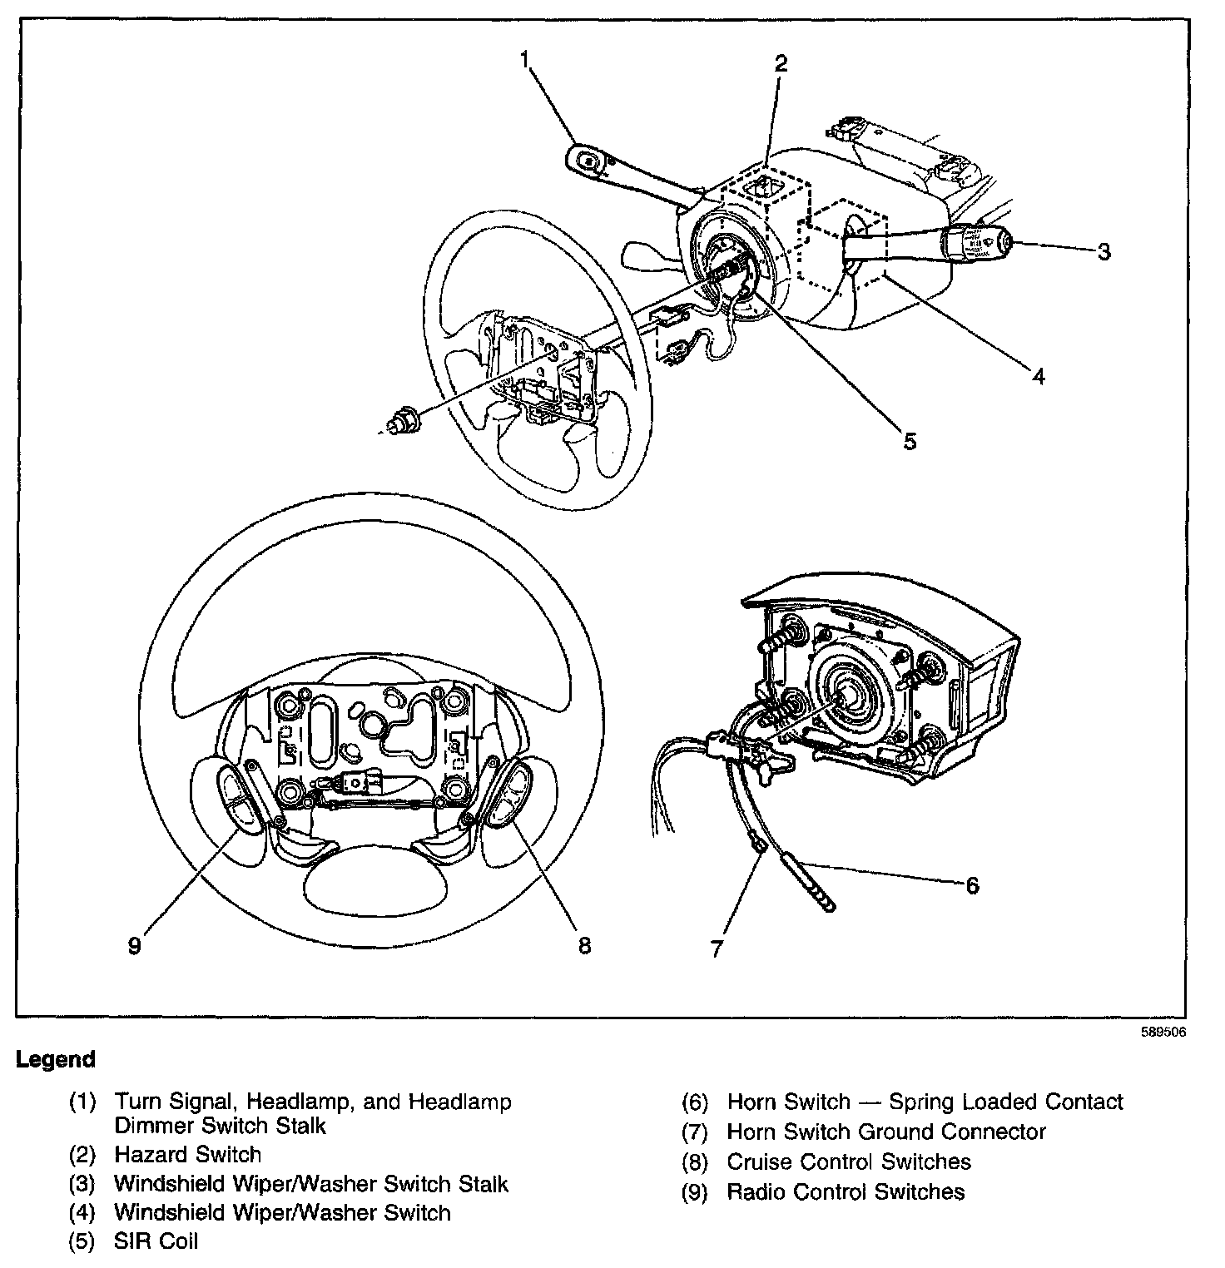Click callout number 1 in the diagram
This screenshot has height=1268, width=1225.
tap(525, 59)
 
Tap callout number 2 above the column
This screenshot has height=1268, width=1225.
tap(781, 64)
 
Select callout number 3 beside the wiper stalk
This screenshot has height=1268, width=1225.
tap(1103, 251)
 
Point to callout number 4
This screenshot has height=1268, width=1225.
tap(1038, 376)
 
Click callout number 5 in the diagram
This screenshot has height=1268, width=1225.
tap(910, 441)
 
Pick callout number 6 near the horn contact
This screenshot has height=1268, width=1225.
tap(972, 884)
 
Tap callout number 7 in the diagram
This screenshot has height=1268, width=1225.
tap(718, 949)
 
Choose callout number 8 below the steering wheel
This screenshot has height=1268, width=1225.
tap(584, 945)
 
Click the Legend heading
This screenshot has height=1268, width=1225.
tap(56, 1060)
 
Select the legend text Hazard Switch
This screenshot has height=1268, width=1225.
tap(187, 1155)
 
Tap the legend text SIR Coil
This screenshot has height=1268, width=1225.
tap(156, 1243)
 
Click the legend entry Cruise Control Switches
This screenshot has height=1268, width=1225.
tap(849, 1162)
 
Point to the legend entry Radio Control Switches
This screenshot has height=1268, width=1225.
tap(846, 1191)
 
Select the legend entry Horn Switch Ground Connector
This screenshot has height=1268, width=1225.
tap(885, 1132)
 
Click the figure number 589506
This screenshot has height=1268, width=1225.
tap(1165, 1033)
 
